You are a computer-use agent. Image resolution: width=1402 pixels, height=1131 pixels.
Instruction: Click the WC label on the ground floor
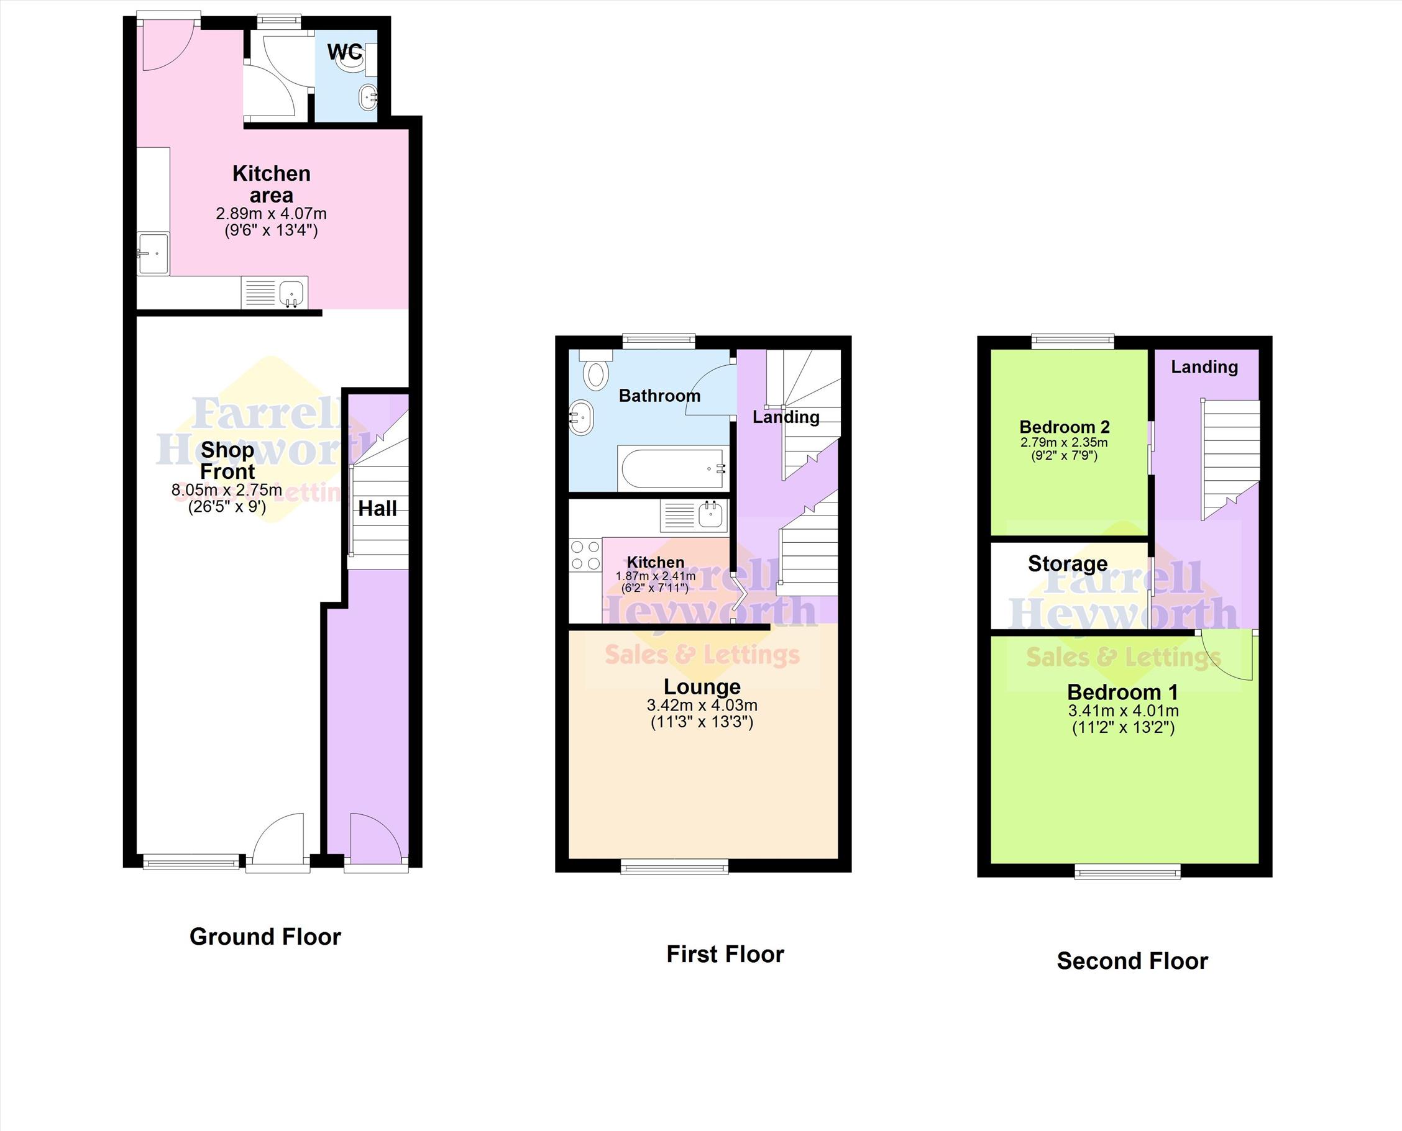[x=345, y=52]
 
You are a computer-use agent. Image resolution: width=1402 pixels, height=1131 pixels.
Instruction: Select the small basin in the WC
[x=369, y=98]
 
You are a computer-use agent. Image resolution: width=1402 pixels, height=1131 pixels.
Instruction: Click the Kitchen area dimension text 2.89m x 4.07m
[x=271, y=214]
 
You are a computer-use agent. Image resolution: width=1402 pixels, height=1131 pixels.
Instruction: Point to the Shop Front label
[x=227, y=461]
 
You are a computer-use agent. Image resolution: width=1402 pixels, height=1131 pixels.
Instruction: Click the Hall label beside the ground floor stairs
[x=377, y=509]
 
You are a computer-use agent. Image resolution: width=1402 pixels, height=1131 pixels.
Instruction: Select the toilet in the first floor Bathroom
[x=595, y=370]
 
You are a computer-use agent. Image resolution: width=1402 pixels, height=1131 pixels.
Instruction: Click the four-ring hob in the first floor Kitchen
[x=585, y=556]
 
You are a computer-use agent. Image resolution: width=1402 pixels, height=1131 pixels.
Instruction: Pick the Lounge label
[x=702, y=687]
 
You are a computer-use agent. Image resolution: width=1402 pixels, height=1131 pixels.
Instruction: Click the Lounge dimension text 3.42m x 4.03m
[x=702, y=705]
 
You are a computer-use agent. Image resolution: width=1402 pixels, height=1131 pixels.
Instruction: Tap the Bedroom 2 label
[x=1065, y=427]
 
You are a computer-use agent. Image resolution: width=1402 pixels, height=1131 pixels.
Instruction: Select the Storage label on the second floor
[x=1068, y=563]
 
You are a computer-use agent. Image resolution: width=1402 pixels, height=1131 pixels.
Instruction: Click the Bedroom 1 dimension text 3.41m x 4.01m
[x=1123, y=711]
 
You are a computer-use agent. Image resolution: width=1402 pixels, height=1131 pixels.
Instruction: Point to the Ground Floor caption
[x=265, y=937]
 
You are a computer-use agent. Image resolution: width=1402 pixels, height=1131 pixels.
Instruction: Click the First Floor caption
[x=725, y=955]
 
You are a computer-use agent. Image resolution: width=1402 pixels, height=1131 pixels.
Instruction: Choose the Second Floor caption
[x=1132, y=961]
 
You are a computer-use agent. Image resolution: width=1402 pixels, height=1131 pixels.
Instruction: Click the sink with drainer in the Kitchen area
[x=275, y=293]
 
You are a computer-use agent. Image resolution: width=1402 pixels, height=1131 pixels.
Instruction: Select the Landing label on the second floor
[x=1204, y=367]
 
